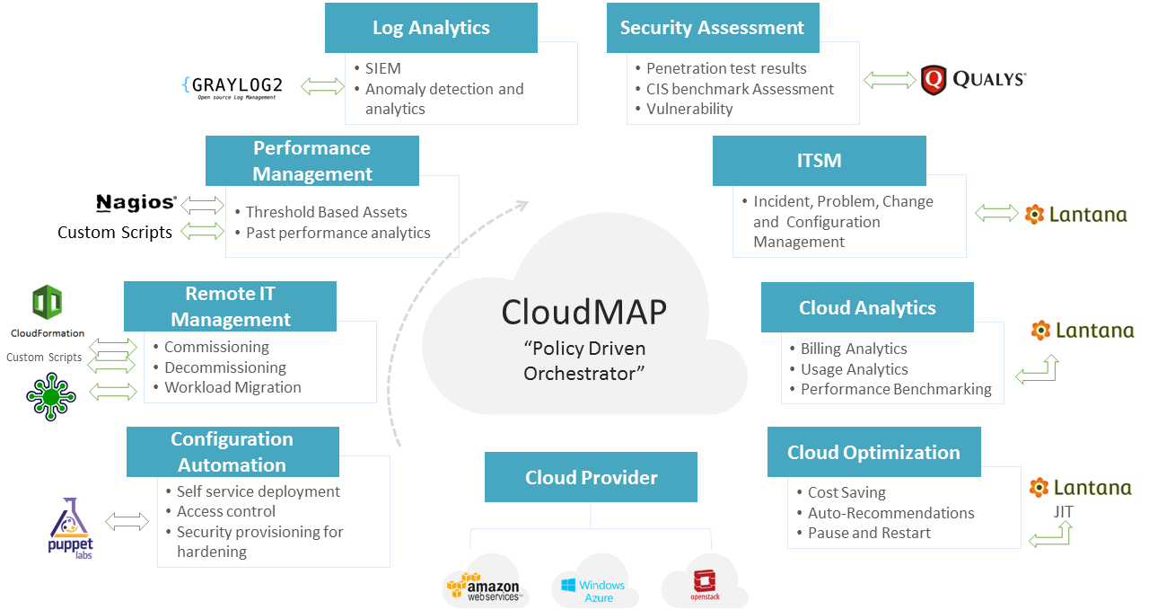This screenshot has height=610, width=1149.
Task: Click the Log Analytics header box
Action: coord(431,28)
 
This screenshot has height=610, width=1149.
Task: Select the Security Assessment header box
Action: coord(712,28)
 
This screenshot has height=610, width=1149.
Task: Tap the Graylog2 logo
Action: coord(232,86)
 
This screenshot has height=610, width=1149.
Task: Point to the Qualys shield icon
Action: coord(934,80)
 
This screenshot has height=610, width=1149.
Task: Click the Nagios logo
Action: coord(136,203)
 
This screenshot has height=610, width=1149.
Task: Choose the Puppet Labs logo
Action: coord(71,529)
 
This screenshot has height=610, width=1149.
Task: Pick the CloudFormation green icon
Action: coord(47,304)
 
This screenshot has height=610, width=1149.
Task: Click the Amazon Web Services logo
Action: coord(483,587)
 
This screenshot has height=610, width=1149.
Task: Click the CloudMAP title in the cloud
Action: coord(583,312)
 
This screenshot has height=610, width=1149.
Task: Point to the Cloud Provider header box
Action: coord(591,477)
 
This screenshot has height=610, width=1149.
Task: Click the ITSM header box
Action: coord(819,161)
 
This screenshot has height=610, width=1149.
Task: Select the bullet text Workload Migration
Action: coord(232,387)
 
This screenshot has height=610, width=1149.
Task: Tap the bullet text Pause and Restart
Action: coord(869,533)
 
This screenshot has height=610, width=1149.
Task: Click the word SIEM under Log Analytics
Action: coord(383,68)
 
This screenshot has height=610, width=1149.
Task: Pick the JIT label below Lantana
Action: coord(1063,512)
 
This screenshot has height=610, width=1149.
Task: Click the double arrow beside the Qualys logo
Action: coord(890,81)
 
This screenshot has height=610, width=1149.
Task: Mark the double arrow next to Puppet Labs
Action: coord(127,521)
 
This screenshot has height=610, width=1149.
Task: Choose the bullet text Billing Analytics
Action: coord(854,349)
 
